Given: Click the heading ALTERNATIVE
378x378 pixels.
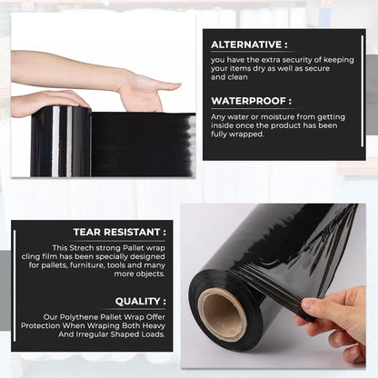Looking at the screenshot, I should click(247, 44).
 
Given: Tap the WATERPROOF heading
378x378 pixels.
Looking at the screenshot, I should click(250, 101).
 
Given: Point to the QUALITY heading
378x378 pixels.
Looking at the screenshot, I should click(140, 301).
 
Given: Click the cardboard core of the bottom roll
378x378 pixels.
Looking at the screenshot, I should click(221, 313).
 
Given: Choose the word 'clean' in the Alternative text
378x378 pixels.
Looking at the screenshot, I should click(222, 76).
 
